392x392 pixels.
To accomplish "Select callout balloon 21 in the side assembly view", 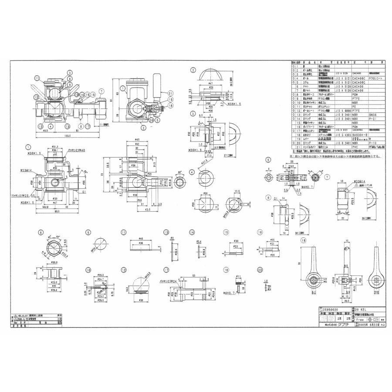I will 170,94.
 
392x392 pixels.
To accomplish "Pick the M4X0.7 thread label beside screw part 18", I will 229,292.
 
